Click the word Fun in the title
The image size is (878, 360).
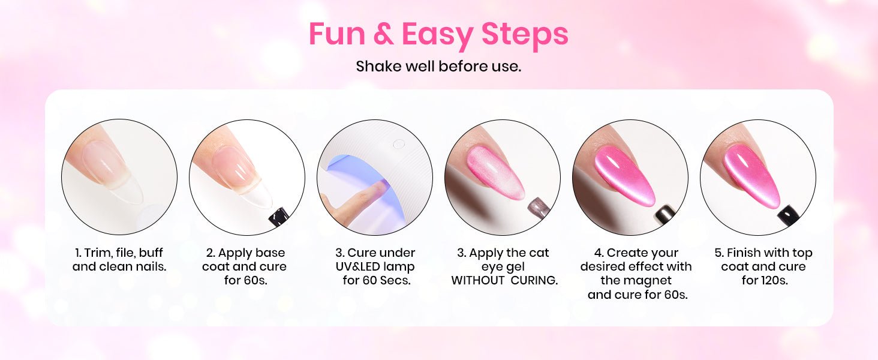point(337,34)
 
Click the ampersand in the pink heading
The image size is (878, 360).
point(384,34)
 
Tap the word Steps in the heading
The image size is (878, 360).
point(524,35)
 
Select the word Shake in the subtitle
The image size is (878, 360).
point(379,66)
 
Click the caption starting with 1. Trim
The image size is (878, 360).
point(119,260)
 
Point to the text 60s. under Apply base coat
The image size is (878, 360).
point(246,280)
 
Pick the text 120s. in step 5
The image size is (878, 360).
point(764,280)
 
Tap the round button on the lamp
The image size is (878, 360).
point(399,145)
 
